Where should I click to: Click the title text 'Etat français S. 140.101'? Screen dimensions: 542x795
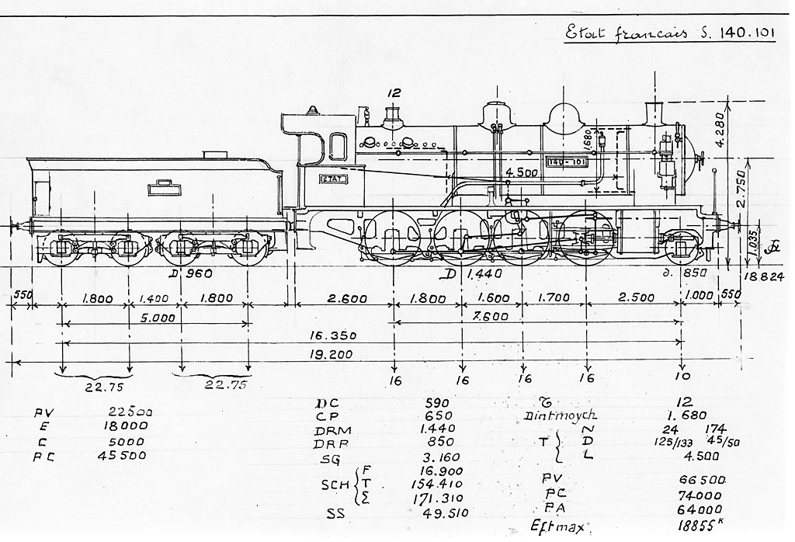click(x=670, y=35)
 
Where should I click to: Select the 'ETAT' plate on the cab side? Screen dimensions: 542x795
click(x=333, y=179)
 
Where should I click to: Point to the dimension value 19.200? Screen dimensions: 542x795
click(x=331, y=355)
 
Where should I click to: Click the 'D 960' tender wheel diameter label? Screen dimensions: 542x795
click(x=190, y=273)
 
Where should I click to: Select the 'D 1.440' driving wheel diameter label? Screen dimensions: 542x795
click(x=475, y=274)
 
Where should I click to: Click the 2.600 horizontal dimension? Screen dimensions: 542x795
click(x=342, y=297)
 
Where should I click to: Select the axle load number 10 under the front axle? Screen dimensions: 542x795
click(x=681, y=379)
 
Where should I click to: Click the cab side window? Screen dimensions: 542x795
click(x=338, y=146)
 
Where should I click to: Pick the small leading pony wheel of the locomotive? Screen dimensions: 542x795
click(x=681, y=248)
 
